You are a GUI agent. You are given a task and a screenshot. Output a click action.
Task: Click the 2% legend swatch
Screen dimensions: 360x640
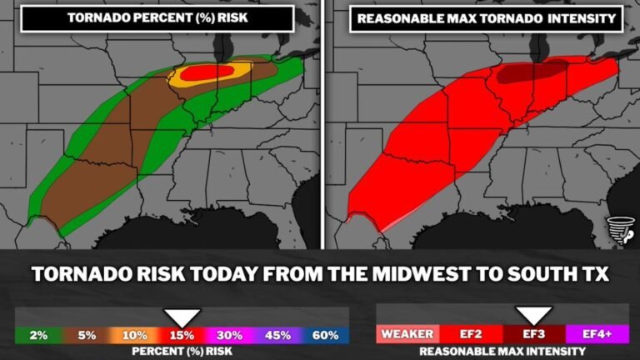point(38,335)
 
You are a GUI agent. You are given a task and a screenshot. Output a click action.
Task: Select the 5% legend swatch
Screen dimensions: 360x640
point(87,335)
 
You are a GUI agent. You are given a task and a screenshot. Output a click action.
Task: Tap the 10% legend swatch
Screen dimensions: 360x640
point(134,335)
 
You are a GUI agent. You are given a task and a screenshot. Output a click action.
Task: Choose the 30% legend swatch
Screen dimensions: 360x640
point(230,335)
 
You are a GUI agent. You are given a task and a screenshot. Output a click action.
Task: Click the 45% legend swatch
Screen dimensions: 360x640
point(277,335)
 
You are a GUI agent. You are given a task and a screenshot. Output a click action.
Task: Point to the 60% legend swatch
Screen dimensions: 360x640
point(325,335)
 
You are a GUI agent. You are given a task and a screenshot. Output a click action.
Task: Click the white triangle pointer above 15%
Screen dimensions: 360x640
point(182,317)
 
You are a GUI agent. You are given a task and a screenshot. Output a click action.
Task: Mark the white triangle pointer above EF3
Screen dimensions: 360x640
point(533,316)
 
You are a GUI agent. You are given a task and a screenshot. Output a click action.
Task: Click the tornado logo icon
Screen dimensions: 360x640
point(620,230)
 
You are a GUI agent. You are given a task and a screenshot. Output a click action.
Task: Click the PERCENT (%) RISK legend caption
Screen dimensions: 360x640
point(182,352)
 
